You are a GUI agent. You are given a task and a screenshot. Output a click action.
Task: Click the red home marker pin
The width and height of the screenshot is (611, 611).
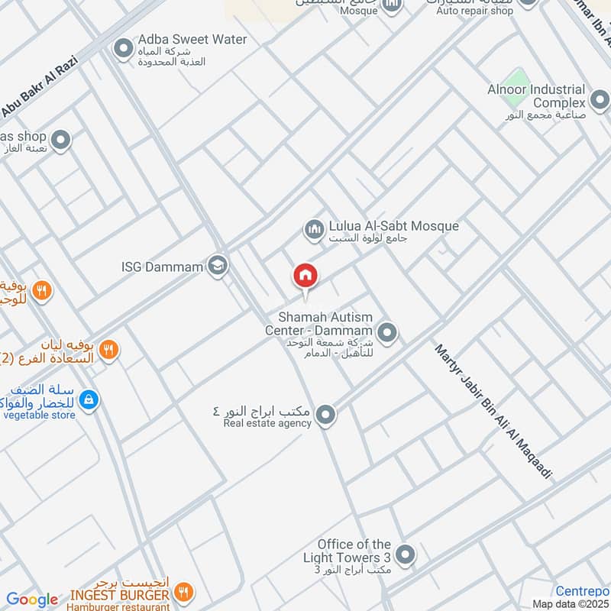pos(305,277)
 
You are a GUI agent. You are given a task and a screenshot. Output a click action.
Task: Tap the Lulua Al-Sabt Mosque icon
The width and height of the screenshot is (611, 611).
pos(314,228)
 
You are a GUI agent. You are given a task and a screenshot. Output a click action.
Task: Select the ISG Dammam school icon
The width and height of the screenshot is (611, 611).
pos(218,266)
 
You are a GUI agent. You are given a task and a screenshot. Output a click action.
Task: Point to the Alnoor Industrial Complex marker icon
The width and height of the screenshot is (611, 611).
pos(599,102)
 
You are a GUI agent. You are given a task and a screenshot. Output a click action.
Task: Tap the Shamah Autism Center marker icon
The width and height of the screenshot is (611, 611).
pos(387,331)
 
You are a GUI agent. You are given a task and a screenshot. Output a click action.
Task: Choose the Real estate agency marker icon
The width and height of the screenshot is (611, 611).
pos(326,415)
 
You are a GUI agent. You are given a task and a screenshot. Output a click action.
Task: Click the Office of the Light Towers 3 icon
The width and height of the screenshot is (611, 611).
pos(406,555)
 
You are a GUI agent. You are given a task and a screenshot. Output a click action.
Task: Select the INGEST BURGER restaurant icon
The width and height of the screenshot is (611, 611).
pos(183,592)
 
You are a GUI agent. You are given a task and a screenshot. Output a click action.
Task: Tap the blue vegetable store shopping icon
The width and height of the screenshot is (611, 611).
pos(89,399)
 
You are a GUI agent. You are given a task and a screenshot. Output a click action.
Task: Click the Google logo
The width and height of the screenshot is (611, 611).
pos(32,600)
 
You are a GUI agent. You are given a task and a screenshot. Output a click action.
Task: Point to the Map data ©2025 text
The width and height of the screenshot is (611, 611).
pos(570,604)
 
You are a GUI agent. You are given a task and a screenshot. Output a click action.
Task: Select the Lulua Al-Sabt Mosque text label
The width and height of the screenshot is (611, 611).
pos(393,226)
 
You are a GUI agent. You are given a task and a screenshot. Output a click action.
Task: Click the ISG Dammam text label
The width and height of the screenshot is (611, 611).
pos(162,267)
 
